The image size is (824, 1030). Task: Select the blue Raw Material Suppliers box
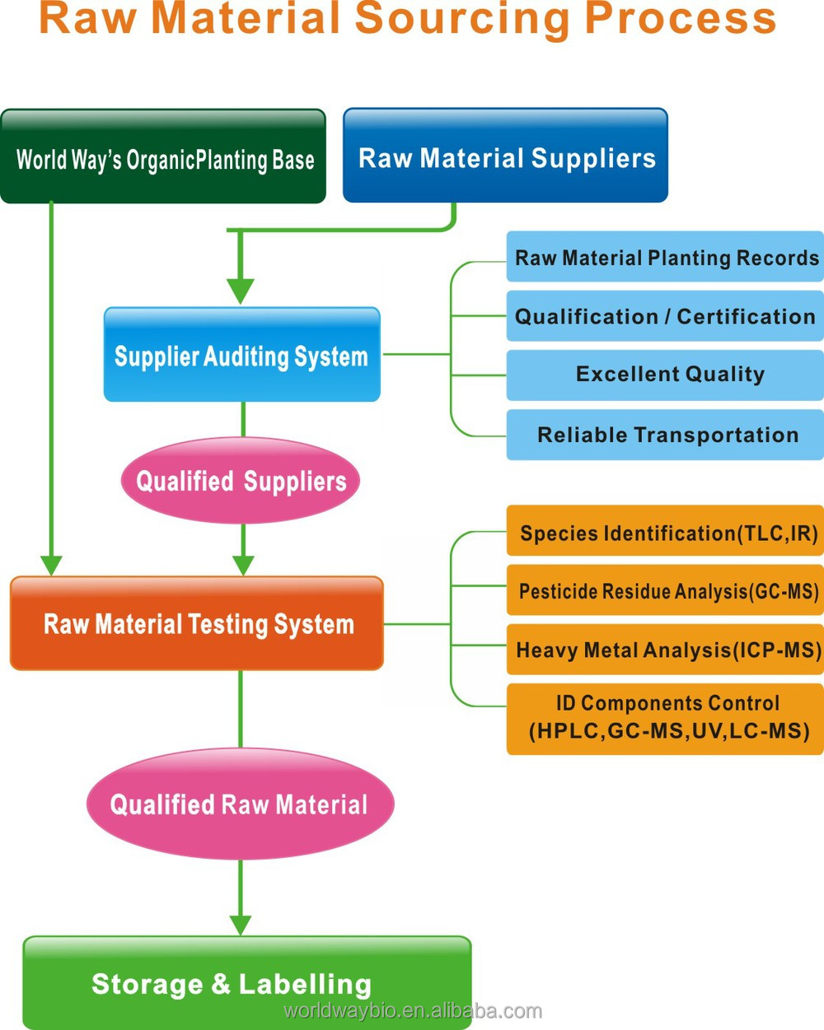pyautogui.click(x=505, y=156)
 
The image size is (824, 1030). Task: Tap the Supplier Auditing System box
pyautogui.click(x=241, y=355)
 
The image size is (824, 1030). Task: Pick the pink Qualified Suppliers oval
pyautogui.click(x=241, y=481)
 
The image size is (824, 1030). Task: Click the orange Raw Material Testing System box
pyautogui.click(x=197, y=623)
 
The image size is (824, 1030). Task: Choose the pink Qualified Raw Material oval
pyautogui.click(x=240, y=804)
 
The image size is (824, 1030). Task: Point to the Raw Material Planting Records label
pyautogui.click(x=666, y=258)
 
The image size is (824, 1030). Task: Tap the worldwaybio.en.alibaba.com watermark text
pyautogui.click(x=412, y=1010)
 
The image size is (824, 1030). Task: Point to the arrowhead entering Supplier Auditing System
pyautogui.click(x=241, y=291)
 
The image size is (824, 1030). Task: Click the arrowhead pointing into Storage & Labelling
pyautogui.click(x=241, y=924)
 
